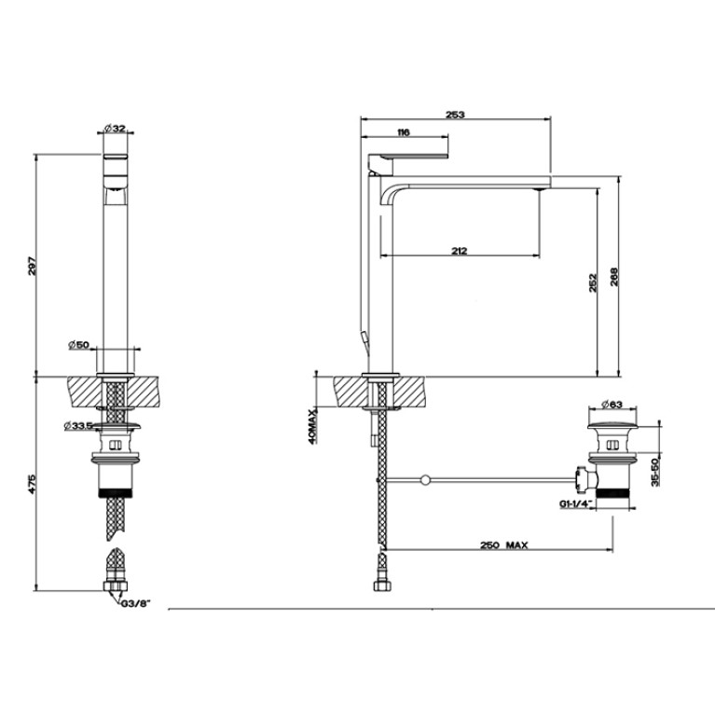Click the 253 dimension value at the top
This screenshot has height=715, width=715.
point(455,115)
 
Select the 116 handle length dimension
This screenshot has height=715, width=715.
point(404,132)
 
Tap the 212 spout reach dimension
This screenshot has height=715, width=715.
point(460,251)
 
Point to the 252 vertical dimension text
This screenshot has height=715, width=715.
point(593,282)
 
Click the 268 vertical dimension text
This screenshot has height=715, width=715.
point(613,277)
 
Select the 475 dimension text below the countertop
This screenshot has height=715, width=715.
point(32,485)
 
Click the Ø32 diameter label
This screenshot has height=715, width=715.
point(115,129)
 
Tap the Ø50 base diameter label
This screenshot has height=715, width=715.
point(79,345)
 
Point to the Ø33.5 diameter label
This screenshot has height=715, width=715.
point(78,425)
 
